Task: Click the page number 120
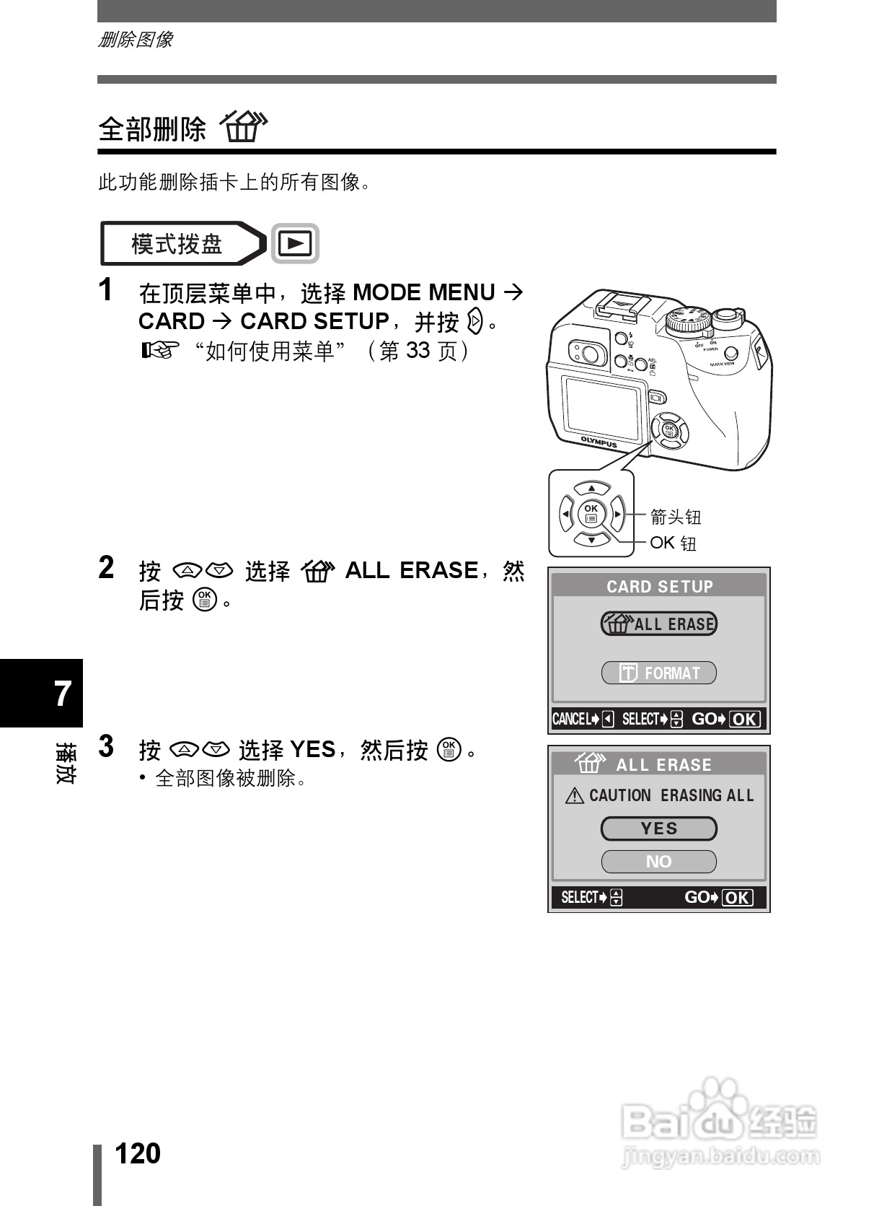coord(138,1153)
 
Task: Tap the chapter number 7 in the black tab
coord(63,694)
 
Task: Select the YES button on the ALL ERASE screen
coord(658,829)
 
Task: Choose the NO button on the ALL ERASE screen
coord(658,862)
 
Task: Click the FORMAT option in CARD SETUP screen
coord(658,673)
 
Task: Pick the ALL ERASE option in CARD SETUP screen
coord(658,624)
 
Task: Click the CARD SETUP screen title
coord(659,586)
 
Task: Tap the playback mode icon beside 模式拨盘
coord(295,244)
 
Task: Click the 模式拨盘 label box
coord(177,244)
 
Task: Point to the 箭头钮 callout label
coord(675,517)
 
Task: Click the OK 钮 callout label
coord(673,543)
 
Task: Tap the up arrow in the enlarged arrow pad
coord(591,489)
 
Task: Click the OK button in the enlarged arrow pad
coord(591,514)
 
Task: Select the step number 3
coord(106,747)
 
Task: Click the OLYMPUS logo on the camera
coord(599,441)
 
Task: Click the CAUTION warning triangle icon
coord(575,796)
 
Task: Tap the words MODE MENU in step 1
coord(423,292)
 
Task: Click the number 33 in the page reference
coord(418,351)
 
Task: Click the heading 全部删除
coord(152,130)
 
